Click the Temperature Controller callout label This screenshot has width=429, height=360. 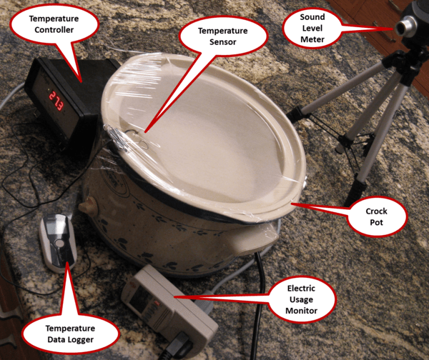[54, 24]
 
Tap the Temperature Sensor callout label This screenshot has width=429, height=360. [222, 36]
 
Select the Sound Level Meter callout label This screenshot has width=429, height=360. [312, 28]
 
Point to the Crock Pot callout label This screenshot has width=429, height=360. [377, 216]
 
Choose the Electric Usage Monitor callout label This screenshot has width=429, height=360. [301, 299]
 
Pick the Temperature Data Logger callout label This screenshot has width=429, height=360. [70, 334]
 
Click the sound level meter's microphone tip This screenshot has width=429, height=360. [400, 28]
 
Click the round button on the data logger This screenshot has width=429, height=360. [59, 244]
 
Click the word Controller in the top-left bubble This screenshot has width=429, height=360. [54, 30]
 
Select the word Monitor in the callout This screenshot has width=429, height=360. [301, 311]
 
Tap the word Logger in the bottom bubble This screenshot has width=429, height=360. [82, 340]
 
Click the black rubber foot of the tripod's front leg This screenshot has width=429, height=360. [355, 191]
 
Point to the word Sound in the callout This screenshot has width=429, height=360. [312, 17]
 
